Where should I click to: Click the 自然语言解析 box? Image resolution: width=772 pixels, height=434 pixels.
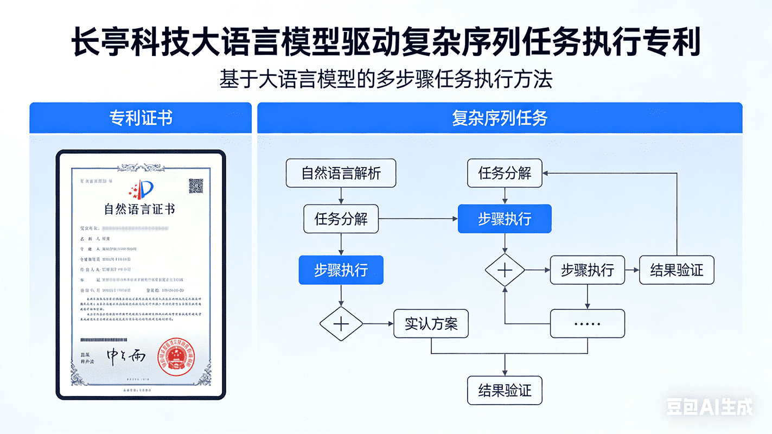click(341, 174)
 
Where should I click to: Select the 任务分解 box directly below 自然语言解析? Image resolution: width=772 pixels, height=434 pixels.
click(341, 219)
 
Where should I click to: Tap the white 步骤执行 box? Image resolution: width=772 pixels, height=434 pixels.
click(587, 270)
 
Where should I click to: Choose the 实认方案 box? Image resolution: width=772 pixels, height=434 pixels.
click(431, 324)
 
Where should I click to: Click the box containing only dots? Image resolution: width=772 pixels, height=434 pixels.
click(587, 324)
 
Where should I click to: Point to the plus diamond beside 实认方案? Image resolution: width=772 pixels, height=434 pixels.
click(341, 324)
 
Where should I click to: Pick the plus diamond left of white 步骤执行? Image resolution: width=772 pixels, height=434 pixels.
click(505, 270)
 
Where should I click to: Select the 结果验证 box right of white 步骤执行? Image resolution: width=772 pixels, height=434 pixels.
click(676, 270)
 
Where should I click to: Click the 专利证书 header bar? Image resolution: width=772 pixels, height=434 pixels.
click(141, 118)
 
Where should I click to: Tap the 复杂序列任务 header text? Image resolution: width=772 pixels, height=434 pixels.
click(499, 118)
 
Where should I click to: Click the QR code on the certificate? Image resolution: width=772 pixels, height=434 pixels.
click(196, 186)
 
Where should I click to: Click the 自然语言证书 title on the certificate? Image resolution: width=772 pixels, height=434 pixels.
click(139, 209)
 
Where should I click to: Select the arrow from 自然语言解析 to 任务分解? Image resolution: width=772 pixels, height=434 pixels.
click(341, 196)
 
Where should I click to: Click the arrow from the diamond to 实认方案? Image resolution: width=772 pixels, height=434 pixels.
click(378, 324)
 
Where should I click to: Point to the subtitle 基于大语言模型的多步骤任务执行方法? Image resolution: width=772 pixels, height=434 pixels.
click(386, 79)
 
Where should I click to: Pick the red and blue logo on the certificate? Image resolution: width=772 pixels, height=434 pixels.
click(142, 189)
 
